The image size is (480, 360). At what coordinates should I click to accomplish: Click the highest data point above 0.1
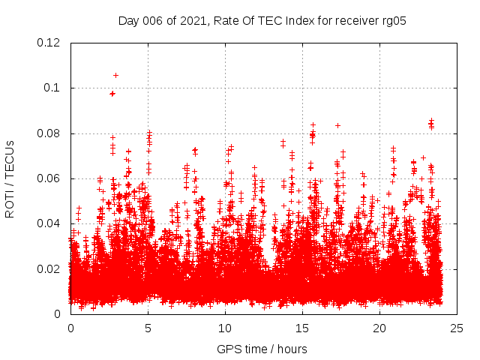point(115,75)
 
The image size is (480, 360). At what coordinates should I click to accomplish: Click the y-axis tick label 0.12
point(49,43)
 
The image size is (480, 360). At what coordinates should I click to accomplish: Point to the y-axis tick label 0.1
point(52,88)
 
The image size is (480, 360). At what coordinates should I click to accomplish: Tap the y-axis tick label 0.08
point(49,133)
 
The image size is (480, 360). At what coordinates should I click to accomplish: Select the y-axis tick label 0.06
point(49,178)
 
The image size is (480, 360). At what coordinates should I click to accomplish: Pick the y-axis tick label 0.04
point(49,223)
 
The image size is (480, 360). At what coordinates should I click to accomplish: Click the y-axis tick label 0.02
point(49,268)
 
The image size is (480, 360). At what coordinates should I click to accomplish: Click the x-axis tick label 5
point(148,328)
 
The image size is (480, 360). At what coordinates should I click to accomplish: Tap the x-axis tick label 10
point(225,328)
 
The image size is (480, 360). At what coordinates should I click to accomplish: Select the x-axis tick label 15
point(302,328)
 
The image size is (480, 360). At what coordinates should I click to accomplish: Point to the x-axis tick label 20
point(379,328)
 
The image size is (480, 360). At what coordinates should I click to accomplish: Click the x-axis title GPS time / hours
point(262,349)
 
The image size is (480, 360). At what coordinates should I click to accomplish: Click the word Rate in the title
point(227,21)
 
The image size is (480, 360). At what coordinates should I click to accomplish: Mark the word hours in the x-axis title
point(291,349)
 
